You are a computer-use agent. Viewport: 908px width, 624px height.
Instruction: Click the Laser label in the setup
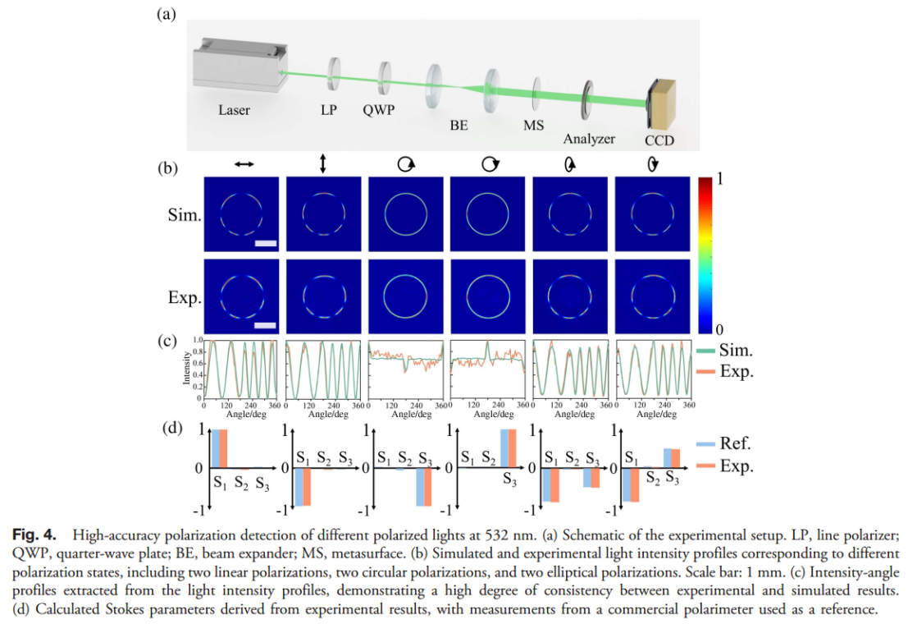[234, 109]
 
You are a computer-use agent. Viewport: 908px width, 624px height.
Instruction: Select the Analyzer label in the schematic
[589, 138]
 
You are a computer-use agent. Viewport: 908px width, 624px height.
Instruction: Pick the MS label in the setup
[534, 126]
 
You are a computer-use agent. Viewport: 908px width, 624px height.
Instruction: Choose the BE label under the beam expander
[459, 126]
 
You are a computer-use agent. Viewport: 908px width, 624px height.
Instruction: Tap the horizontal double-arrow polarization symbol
[244, 165]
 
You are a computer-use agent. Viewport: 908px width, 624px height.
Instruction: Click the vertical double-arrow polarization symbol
[323, 164]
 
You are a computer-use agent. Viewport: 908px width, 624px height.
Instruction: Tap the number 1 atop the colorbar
[719, 181]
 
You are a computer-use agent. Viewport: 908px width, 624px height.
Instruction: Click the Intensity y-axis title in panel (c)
[187, 369]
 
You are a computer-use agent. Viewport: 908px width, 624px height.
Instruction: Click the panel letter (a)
[167, 14]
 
